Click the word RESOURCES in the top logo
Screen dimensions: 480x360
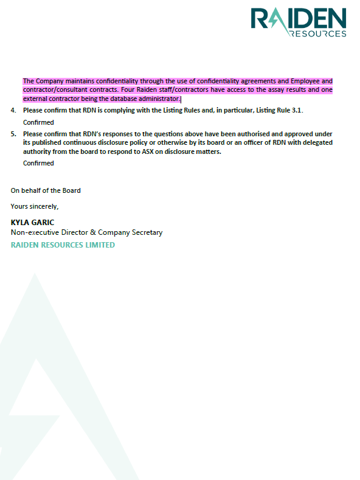coord(318,33)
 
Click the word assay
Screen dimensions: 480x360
coord(260,90)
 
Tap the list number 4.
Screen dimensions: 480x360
coord(13,110)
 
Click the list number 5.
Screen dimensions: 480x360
coord(13,134)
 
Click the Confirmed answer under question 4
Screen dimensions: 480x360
coord(38,122)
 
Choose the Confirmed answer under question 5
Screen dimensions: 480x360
coord(38,163)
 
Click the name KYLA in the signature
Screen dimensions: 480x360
coord(21,222)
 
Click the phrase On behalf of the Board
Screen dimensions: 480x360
coord(46,190)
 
